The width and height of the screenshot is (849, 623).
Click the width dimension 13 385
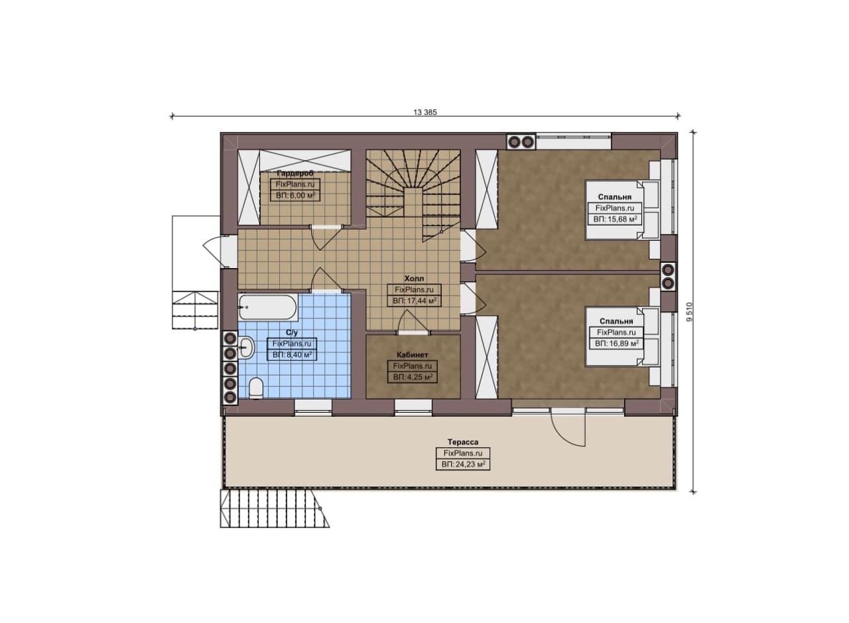(x=425, y=112)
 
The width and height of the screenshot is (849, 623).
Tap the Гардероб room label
(x=295, y=173)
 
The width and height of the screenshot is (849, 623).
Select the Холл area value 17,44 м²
(x=415, y=301)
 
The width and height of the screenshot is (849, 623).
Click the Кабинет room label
(x=413, y=355)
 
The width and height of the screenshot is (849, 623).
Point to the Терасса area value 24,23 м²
(x=463, y=464)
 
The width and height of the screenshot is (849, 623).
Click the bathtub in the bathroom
(x=267, y=307)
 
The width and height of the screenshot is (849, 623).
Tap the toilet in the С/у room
(x=256, y=388)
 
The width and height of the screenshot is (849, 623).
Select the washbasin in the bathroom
(x=246, y=347)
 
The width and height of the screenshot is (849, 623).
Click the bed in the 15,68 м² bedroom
(x=621, y=210)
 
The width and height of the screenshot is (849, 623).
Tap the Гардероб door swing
(x=326, y=238)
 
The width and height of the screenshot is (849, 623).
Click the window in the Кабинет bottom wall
(x=413, y=405)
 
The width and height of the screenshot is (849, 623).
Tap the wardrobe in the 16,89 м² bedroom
(x=486, y=357)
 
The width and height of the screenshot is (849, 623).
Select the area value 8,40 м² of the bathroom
(x=293, y=355)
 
